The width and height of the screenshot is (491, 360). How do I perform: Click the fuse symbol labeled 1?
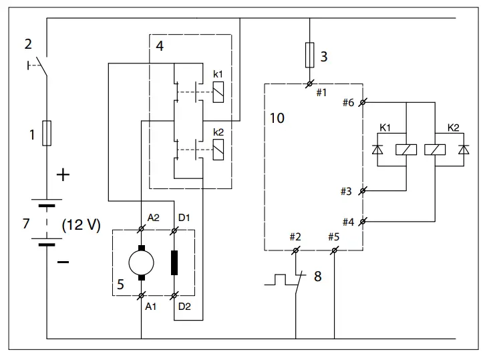(47, 133)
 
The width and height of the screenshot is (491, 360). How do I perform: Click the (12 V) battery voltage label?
(81, 224)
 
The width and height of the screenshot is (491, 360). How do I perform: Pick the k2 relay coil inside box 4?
(217, 153)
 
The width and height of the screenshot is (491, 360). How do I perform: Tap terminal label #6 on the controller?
(348, 102)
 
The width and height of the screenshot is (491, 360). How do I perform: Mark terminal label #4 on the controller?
(348, 221)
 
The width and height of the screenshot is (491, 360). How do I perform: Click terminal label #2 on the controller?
(296, 236)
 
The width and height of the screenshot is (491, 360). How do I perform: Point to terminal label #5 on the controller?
(334, 236)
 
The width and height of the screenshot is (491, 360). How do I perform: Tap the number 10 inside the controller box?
(276, 118)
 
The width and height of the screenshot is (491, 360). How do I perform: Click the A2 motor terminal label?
(153, 217)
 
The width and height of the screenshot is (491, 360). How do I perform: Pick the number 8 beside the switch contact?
(317, 276)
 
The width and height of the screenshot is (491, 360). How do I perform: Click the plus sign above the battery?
(63, 175)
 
